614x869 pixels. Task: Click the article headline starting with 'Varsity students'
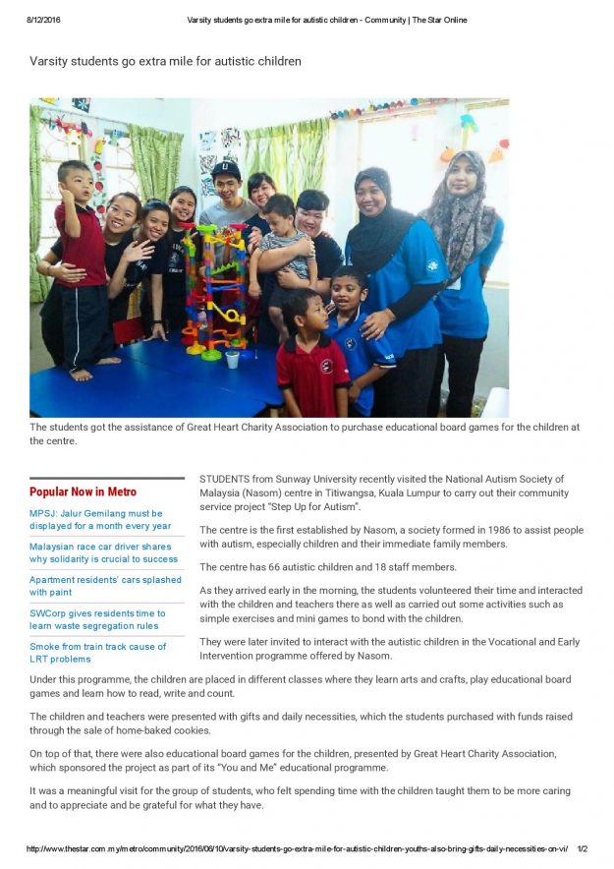point(165,61)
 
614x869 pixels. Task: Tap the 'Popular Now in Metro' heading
point(83,492)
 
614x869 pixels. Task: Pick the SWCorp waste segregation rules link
point(97,619)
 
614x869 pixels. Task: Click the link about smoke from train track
point(97,653)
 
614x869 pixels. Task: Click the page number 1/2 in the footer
point(581,848)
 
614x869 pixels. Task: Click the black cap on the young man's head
point(226,169)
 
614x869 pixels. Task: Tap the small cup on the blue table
point(233,359)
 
